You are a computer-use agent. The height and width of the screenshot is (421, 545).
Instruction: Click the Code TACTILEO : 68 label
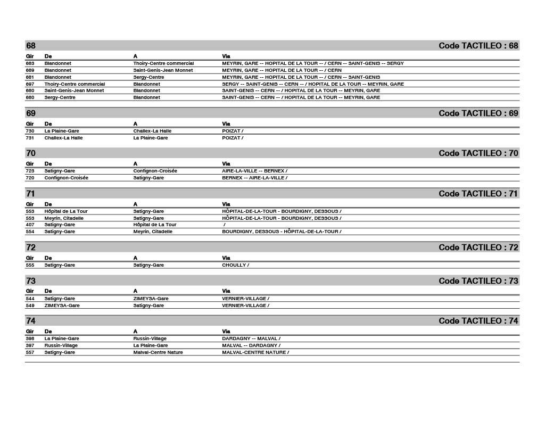pos(478,46)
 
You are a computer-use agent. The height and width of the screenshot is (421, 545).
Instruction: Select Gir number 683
pos(30,63)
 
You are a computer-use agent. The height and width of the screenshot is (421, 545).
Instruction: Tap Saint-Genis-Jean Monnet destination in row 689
pos(163,70)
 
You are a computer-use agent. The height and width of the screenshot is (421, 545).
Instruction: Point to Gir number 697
pos(30,84)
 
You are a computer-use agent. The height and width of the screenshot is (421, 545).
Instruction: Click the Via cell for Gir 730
pos(233,131)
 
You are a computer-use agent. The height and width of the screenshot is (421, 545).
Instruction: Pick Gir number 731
pos(30,138)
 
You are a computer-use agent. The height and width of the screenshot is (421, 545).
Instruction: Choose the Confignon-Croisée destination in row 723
pos(155,171)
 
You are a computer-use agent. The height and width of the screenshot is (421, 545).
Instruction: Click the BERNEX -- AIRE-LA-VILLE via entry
pos(254,178)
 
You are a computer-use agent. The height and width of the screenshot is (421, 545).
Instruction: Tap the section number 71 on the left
pos(31,194)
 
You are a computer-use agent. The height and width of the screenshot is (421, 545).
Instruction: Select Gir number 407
pos(30,225)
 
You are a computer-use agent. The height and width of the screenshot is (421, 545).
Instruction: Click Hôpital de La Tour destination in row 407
pos(154,225)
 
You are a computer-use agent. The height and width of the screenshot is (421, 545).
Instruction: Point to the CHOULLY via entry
pos(235,265)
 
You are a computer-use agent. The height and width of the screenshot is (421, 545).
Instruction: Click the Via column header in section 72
pos(226,258)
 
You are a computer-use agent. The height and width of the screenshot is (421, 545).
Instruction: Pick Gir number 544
pos(30,299)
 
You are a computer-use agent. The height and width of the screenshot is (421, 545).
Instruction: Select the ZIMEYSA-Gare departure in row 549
pos(62,306)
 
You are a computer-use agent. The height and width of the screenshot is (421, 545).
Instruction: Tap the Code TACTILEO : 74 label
pos(478,321)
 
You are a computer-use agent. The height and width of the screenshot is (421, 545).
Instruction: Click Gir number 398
pos(30,339)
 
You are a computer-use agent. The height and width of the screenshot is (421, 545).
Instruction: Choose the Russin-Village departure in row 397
pos(61,345)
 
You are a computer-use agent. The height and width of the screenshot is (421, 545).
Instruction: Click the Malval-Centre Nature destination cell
pos(158,352)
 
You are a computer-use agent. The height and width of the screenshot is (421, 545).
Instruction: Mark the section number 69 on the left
pos(31,113)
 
